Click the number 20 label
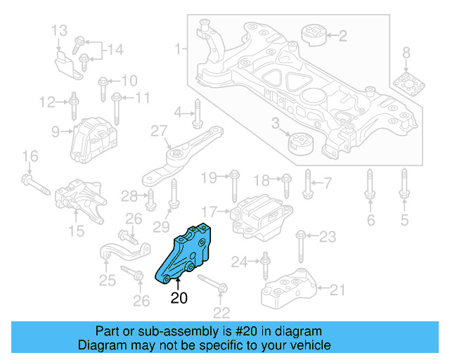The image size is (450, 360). click(x=179, y=299)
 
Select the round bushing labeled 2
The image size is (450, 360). click(x=311, y=34)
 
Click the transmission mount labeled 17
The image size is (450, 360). click(x=260, y=214)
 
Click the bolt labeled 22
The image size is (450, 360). click(x=211, y=283)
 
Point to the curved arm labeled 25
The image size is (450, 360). click(x=123, y=250)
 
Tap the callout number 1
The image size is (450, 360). click(x=179, y=49)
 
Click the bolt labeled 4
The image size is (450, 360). click(x=198, y=112)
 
